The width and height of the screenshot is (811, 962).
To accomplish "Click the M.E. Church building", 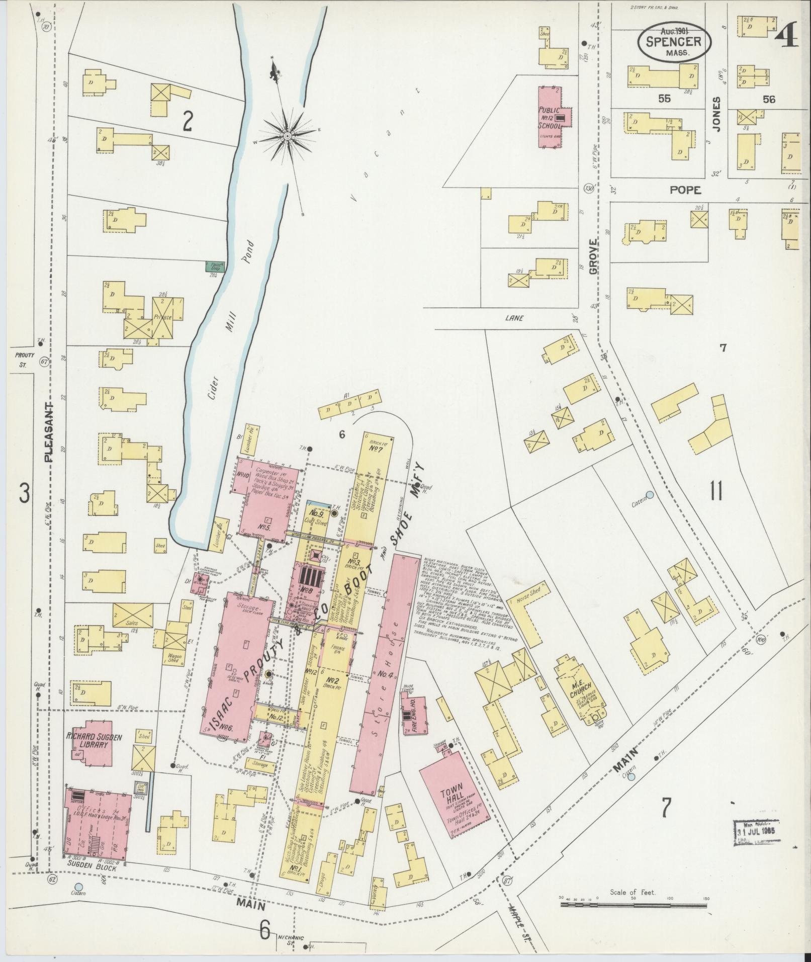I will point(578,691).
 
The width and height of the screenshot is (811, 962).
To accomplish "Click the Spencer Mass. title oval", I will point(674,44).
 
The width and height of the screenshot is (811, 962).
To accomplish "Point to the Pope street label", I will point(685,190).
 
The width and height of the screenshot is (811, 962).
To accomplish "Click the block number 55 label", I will point(664,99).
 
